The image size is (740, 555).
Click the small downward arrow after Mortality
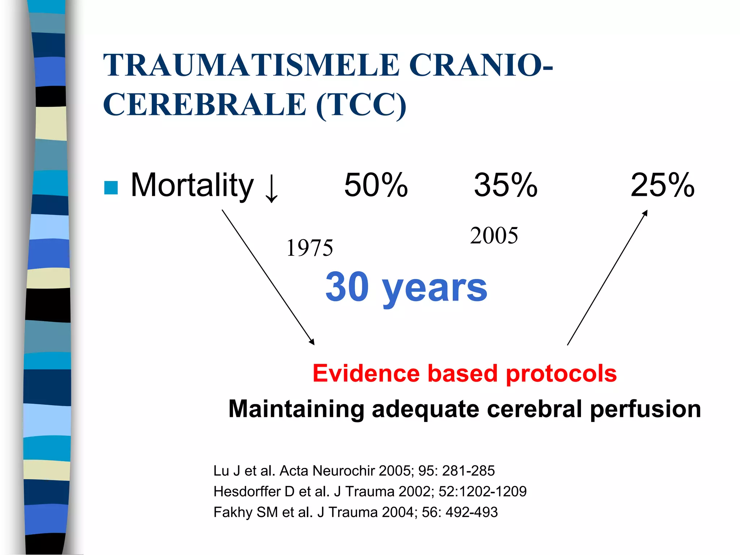point(272,189)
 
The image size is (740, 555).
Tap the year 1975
point(310,248)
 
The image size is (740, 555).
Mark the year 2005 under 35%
point(494,236)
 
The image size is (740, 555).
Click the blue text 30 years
point(406,287)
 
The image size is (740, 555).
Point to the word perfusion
point(645,409)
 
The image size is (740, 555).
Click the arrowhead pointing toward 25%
point(645,213)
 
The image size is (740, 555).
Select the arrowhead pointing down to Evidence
point(312,342)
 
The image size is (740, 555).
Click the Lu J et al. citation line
point(354,471)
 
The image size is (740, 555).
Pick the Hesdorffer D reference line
point(370,491)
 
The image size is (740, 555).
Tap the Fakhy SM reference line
point(356,512)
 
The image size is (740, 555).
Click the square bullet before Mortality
point(111,188)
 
